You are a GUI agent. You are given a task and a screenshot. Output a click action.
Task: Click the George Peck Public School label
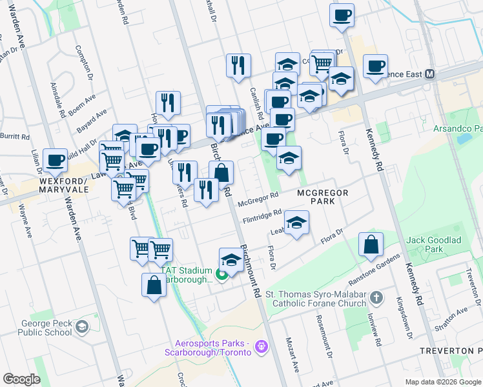(x=43, y=327)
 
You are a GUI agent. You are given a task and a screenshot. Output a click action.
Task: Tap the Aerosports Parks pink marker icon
(x=261, y=347)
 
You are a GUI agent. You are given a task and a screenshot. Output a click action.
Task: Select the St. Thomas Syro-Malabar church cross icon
(x=378, y=298)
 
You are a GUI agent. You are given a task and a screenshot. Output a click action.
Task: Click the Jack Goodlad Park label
(x=433, y=244)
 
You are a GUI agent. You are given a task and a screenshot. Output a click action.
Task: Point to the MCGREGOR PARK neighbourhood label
(x=323, y=197)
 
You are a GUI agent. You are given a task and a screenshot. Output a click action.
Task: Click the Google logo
(x=21, y=379)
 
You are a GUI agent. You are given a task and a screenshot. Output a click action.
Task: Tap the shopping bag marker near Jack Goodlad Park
(x=371, y=244)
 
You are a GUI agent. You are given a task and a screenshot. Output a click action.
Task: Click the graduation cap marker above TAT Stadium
(x=231, y=259)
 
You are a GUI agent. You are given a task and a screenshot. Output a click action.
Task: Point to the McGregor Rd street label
(x=258, y=199)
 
